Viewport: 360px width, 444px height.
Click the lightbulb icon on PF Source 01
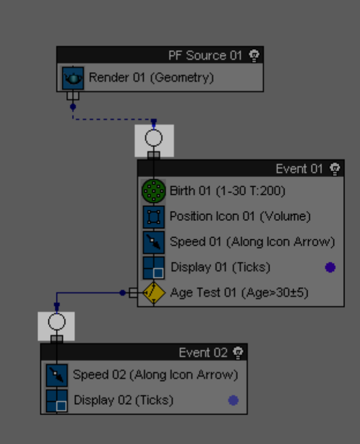[x=254, y=55]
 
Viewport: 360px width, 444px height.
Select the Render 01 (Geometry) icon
[x=73, y=78]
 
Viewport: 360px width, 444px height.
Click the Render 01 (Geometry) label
[x=151, y=77]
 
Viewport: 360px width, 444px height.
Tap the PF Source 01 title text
[x=205, y=55]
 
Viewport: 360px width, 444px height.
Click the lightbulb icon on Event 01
[x=335, y=168]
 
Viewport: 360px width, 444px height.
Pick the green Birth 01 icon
[x=153, y=191]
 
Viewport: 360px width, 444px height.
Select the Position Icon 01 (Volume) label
[x=240, y=216]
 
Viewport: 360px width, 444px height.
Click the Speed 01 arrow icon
[x=153, y=242]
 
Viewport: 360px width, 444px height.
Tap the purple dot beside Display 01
[x=330, y=267]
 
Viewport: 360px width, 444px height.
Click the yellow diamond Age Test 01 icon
[x=154, y=292]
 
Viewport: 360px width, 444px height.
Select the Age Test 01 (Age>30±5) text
[x=239, y=292]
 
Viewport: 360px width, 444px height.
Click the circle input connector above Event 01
[x=154, y=138]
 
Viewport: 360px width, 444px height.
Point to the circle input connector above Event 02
[x=56, y=322]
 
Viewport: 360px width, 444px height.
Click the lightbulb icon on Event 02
[x=238, y=352]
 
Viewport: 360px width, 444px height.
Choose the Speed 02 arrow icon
[x=56, y=375]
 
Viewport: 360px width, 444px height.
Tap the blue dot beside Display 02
[x=233, y=400]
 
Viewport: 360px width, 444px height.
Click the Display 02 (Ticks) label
[x=123, y=400]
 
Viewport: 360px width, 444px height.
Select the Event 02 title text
[x=203, y=352]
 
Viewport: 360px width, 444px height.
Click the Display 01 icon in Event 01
[x=153, y=267]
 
